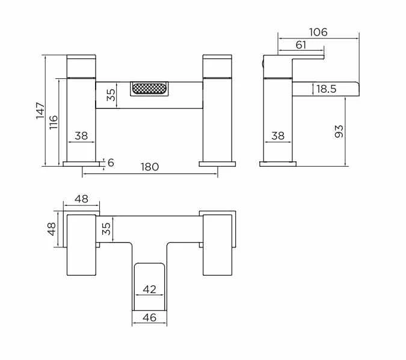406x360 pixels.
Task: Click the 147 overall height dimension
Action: pos(40,111)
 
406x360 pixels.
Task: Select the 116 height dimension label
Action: pos(54,122)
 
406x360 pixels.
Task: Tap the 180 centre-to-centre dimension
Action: pos(150,167)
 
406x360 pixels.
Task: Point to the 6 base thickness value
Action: pos(111,163)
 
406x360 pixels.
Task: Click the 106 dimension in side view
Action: pos(318,32)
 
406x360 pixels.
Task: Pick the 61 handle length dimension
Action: pos(301,45)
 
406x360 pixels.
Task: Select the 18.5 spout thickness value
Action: pos(326,89)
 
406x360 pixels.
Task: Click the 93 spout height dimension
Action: pos(339,131)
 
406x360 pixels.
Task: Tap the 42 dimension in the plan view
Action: pos(149,290)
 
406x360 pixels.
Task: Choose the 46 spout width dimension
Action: pos(149,317)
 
